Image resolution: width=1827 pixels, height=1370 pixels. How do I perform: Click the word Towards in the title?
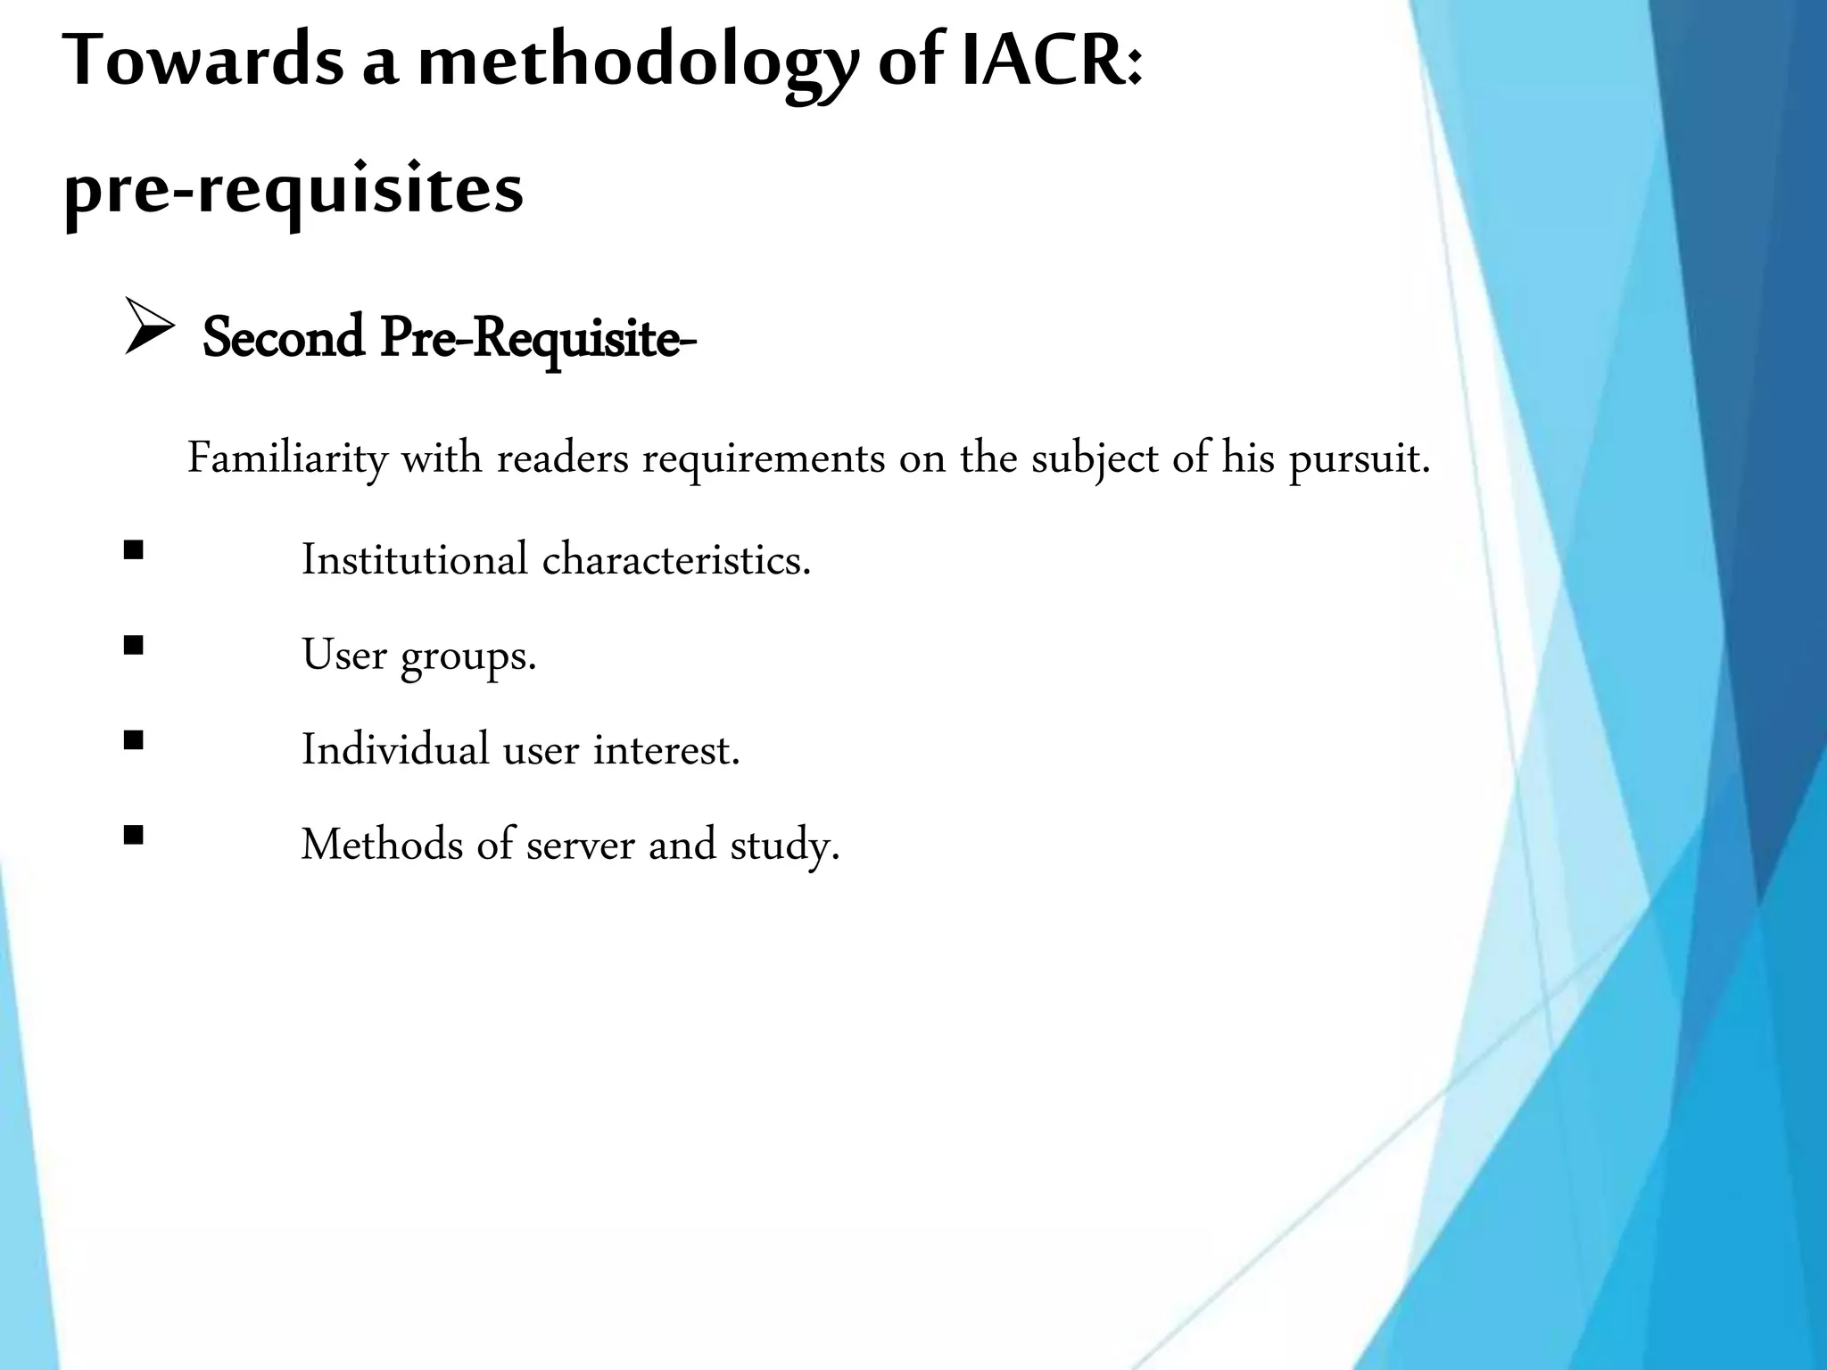pyautogui.click(x=203, y=61)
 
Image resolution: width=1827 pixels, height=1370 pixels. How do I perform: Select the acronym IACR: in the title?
pyautogui.click(x=1053, y=61)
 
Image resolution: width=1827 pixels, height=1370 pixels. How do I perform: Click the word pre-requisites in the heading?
pyautogui.click(x=293, y=191)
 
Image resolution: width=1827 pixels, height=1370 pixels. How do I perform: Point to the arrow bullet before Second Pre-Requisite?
pyautogui.click(x=148, y=327)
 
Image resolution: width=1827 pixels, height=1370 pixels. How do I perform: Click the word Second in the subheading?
pyautogui.click(x=284, y=338)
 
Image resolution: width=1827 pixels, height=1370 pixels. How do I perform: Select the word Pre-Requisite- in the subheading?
pyautogui.click(x=538, y=340)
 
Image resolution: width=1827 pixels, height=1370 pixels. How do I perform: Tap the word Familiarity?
pyautogui.click(x=287, y=459)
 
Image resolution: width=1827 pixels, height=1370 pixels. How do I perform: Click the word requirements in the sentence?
pyautogui.click(x=764, y=459)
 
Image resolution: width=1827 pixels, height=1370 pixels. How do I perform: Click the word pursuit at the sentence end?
pyautogui.click(x=1358, y=459)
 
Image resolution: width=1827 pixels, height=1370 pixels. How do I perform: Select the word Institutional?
pyautogui.click(x=415, y=560)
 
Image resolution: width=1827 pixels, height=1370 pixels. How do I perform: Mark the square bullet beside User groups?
pyautogui.click(x=134, y=645)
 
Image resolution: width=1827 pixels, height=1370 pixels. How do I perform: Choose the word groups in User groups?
pyautogui.click(x=468, y=656)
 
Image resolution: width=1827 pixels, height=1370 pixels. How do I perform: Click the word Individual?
pyautogui.click(x=395, y=749)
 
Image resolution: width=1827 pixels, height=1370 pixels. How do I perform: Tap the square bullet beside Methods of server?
pyautogui.click(x=134, y=835)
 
